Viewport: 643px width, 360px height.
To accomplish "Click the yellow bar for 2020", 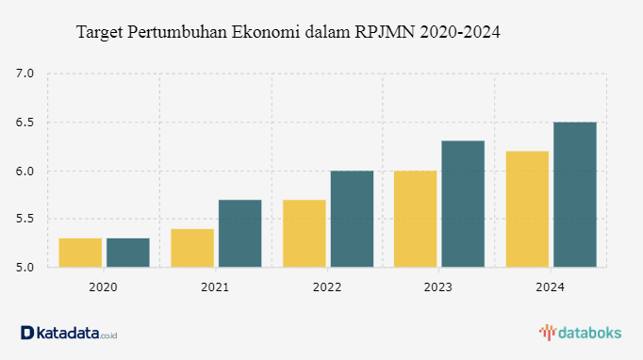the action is point(80,253).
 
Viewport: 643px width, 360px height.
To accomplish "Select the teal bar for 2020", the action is point(128,253).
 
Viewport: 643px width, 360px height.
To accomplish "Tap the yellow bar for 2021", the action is point(192,248).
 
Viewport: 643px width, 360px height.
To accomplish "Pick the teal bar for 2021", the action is point(239,234).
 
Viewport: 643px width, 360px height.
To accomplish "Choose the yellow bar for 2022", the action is point(305,234).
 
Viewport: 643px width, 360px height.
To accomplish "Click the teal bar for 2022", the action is point(353,219).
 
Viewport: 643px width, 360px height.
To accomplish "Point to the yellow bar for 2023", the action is point(416,219).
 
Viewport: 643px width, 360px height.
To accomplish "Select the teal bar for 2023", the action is point(463,204).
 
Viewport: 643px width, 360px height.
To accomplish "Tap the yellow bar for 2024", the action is point(527,209).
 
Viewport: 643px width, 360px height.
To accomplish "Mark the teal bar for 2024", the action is point(575,195).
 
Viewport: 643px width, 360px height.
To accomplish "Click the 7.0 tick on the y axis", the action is point(25,74).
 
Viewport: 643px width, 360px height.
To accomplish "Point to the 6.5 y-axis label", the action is point(25,123).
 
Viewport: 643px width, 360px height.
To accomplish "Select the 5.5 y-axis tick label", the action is point(25,219).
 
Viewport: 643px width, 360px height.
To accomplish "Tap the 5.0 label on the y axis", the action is point(25,268).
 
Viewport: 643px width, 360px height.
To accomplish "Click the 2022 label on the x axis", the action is point(327,287).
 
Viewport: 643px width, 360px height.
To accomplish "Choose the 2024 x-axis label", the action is point(550,287).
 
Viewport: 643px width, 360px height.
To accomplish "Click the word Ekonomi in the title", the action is point(266,32).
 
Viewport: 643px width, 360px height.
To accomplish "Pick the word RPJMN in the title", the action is point(385,32).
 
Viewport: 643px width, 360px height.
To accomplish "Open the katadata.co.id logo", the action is point(69,333).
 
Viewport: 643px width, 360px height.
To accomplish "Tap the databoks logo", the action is point(580,333).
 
